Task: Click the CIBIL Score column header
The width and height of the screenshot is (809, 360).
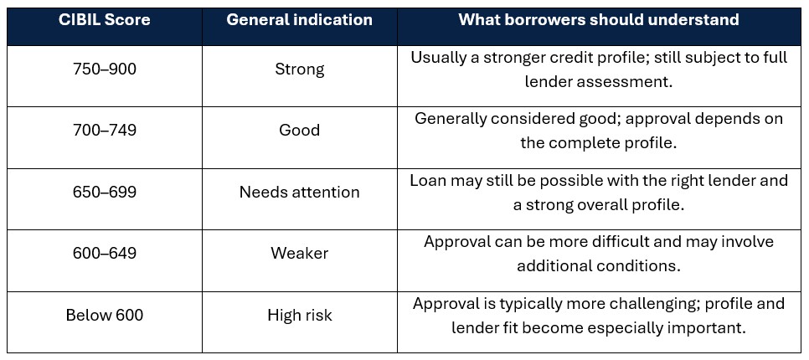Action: coord(105,20)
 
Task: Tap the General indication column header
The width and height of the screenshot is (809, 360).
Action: coord(299,20)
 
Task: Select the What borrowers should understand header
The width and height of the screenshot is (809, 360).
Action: coord(599,20)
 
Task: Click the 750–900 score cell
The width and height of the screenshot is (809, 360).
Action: coord(105,69)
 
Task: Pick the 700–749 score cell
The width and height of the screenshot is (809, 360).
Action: coord(105,130)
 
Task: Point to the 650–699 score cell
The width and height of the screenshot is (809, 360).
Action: coord(105,192)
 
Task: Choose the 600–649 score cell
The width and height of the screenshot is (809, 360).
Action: coord(105,253)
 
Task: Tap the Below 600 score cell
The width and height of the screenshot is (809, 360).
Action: coord(105,315)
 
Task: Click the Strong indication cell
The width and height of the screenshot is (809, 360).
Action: coord(300,69)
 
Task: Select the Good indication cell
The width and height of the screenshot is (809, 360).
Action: coord(300,130)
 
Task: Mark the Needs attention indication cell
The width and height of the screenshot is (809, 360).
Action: coord(300,192)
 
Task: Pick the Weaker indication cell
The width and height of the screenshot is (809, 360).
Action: coord(300,253)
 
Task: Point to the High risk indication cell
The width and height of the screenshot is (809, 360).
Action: coord(300,315)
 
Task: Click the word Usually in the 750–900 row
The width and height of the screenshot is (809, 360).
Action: coord(438,58)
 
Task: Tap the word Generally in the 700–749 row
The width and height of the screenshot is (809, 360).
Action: coord(451,119)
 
